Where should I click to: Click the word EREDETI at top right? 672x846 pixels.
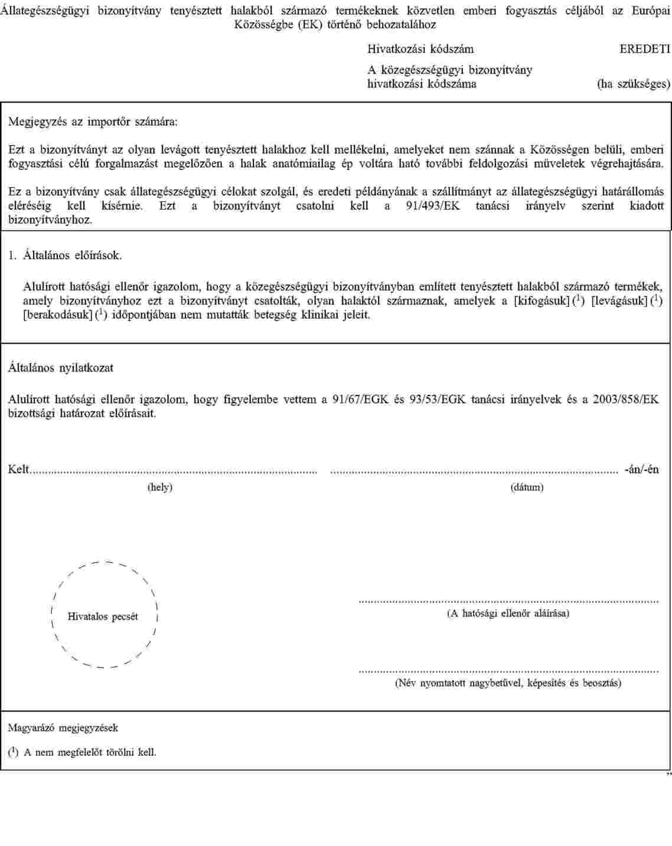[645, 49]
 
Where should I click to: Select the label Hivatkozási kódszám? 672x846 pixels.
[420, 49]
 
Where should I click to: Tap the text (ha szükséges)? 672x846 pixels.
[634, 84]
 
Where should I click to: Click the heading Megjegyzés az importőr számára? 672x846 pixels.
[93, 122]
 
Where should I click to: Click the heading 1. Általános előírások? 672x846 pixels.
[65, 256]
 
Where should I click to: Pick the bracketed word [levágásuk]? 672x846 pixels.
[619, 301]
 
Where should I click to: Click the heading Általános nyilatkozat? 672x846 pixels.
[60, 368]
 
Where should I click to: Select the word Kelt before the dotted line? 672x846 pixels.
[18, 469]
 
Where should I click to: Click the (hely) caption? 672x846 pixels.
[159, 487]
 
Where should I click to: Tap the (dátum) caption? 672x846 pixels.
[527, 487]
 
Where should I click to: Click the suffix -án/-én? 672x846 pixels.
[642, 469]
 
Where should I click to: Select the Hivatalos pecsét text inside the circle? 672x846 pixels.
[103, 616]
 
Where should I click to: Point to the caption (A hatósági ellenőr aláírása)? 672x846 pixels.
[508, 613]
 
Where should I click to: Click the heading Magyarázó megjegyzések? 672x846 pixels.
[63, 728]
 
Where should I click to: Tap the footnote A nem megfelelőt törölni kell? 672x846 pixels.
[90, 752]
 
